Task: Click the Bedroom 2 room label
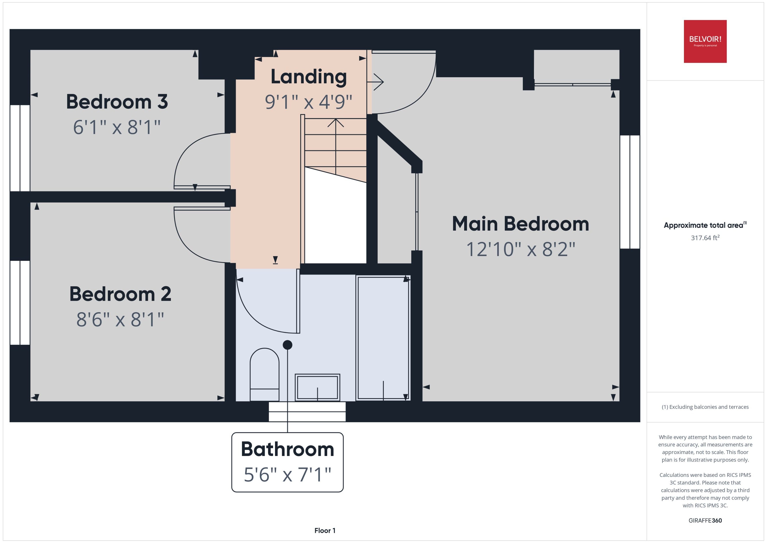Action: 120,294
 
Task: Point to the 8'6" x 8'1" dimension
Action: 120,319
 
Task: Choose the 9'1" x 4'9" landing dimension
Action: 309,102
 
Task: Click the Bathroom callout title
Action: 288,449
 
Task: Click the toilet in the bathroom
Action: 264,374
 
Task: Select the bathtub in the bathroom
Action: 383,338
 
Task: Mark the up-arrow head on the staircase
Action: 336,123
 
